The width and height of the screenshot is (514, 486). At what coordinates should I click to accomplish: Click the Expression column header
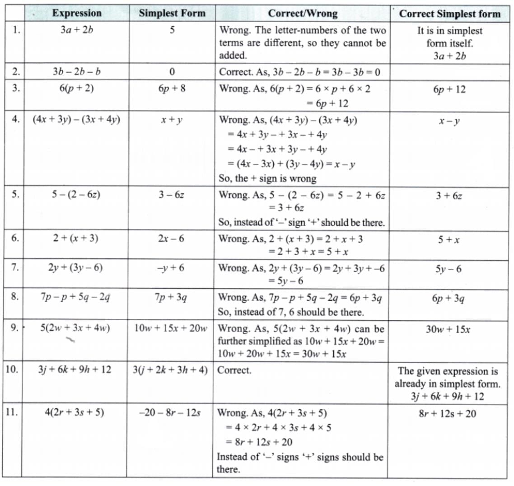tap(76, 13)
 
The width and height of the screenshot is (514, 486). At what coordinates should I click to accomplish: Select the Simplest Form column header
tap(172, 13)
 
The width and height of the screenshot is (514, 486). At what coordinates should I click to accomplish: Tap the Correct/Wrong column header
tap(302, 14)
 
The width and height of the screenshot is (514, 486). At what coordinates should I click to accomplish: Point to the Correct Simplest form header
tap(449, 14)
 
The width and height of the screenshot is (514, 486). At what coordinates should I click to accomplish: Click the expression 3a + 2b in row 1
tap(77, 31)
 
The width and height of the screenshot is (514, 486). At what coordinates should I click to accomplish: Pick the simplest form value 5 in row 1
tap(172, 31)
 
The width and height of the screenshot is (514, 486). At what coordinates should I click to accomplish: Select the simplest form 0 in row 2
tap(172, 72)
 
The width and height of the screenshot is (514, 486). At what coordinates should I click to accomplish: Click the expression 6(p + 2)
tap(76, 88)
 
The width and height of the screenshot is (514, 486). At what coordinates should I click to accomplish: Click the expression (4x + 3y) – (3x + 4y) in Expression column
tap(76, 120)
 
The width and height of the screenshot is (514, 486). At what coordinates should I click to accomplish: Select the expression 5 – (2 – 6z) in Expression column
tap(76, 195)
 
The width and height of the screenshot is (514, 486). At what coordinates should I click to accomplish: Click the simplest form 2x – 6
tap(171, 238)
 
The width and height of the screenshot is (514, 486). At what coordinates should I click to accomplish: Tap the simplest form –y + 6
tap(171, 268)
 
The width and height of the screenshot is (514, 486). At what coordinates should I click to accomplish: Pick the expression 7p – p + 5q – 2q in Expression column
tap(75, 297)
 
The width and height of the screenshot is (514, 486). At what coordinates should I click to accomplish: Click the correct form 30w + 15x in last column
tap(448, 329)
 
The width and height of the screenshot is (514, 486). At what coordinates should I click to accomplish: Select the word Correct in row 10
tap(234, 370)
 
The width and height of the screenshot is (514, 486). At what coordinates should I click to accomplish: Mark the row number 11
tap(12, 412)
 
